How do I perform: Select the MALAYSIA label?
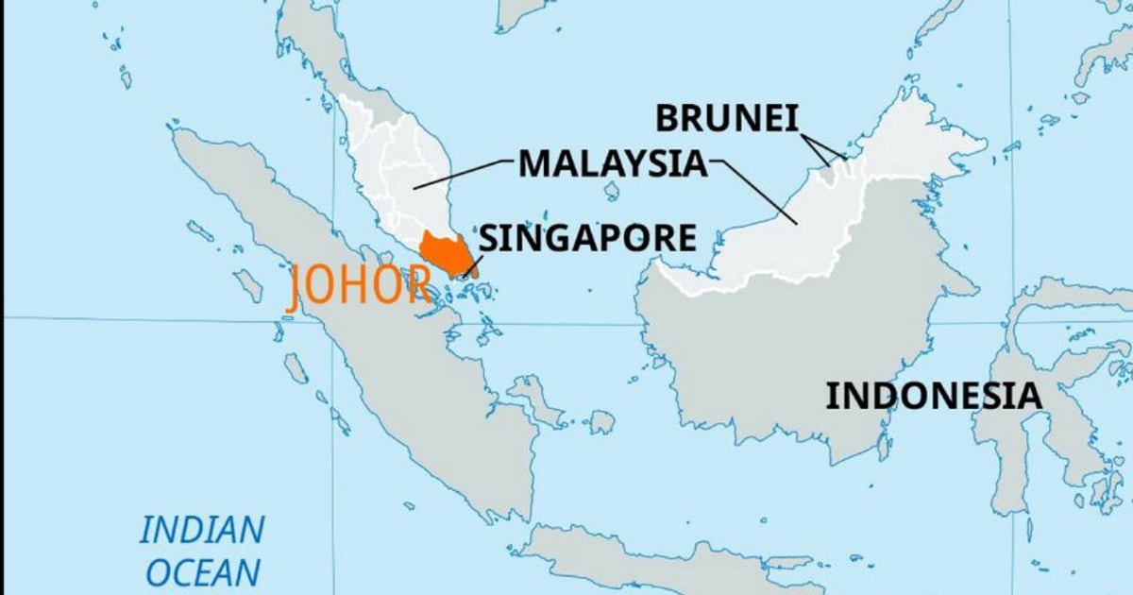(612, 163)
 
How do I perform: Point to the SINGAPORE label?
(588, 237)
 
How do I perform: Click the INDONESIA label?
(934, 396)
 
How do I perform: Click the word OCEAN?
(202, 572)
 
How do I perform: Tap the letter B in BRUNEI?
(666, 118)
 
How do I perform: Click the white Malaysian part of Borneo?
(831, 217)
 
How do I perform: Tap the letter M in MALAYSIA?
(534, 163)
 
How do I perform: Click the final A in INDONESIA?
(1029, 396)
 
